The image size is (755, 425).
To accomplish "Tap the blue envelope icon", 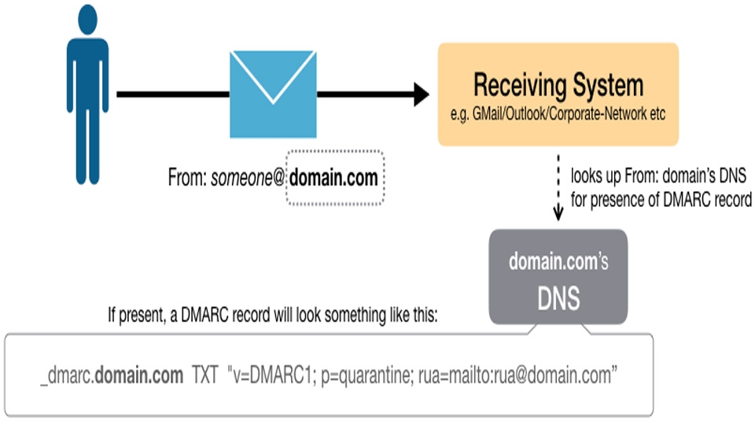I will click(272, 94).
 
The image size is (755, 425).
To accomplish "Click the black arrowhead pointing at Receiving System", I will click(420, 94).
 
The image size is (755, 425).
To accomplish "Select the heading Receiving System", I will click(558, 85).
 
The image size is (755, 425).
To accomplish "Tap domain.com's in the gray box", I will click(558, 262).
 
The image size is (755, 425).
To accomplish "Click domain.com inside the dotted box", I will click(333, 178).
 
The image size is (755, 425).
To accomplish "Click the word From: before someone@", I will click(187, 178).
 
